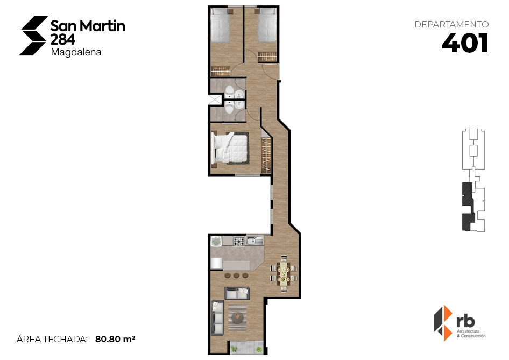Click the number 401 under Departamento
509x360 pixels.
pos(465,43)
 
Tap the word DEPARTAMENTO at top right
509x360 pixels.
pos(451,24)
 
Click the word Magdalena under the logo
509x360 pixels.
pos(76,53)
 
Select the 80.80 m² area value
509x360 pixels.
pos(115,339)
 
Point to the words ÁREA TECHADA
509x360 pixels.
pos(52,339)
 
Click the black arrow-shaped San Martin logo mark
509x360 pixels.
pos(33,36)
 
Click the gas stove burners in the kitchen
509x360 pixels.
pos(238,242)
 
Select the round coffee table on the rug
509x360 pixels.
pos(237,316)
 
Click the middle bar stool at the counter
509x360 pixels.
pos(236,276)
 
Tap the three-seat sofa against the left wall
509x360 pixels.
pos(217,317)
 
